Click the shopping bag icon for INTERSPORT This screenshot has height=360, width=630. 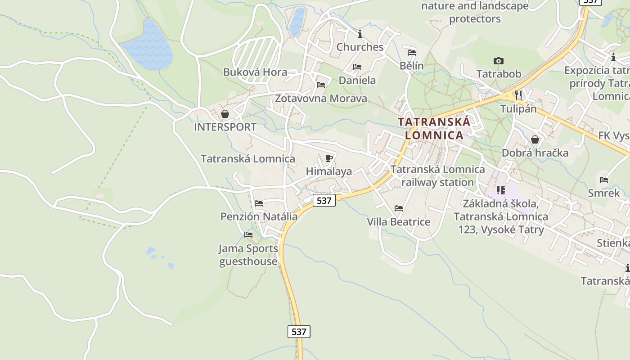pos(225,114)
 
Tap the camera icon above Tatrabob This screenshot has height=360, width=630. pos(498,61)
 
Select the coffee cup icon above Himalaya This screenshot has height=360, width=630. pos(328,158)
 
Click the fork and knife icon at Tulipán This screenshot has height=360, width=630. pos(518,95)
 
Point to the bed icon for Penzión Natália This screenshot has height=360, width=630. pos(258,203)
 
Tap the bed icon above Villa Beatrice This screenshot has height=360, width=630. pos(398,208)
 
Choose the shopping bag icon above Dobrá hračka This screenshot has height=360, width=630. pos(535,139)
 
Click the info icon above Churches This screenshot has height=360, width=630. pos(360,34)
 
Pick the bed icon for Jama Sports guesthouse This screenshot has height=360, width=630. pos(248,235)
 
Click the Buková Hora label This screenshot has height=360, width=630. pos(255,72)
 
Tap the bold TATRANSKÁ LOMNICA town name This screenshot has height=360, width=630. pos(434,128)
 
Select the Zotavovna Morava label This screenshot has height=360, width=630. pos(321,98)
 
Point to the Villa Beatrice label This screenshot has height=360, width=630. pos(398,222)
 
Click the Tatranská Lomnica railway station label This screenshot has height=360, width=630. pos(437,176)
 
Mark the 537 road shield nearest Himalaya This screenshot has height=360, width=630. pos(324,200)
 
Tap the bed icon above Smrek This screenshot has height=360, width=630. pos(603,180)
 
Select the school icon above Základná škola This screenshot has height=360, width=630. pos(500,190)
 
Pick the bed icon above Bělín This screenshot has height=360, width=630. pos(411,52)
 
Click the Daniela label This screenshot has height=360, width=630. pos(357,80)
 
